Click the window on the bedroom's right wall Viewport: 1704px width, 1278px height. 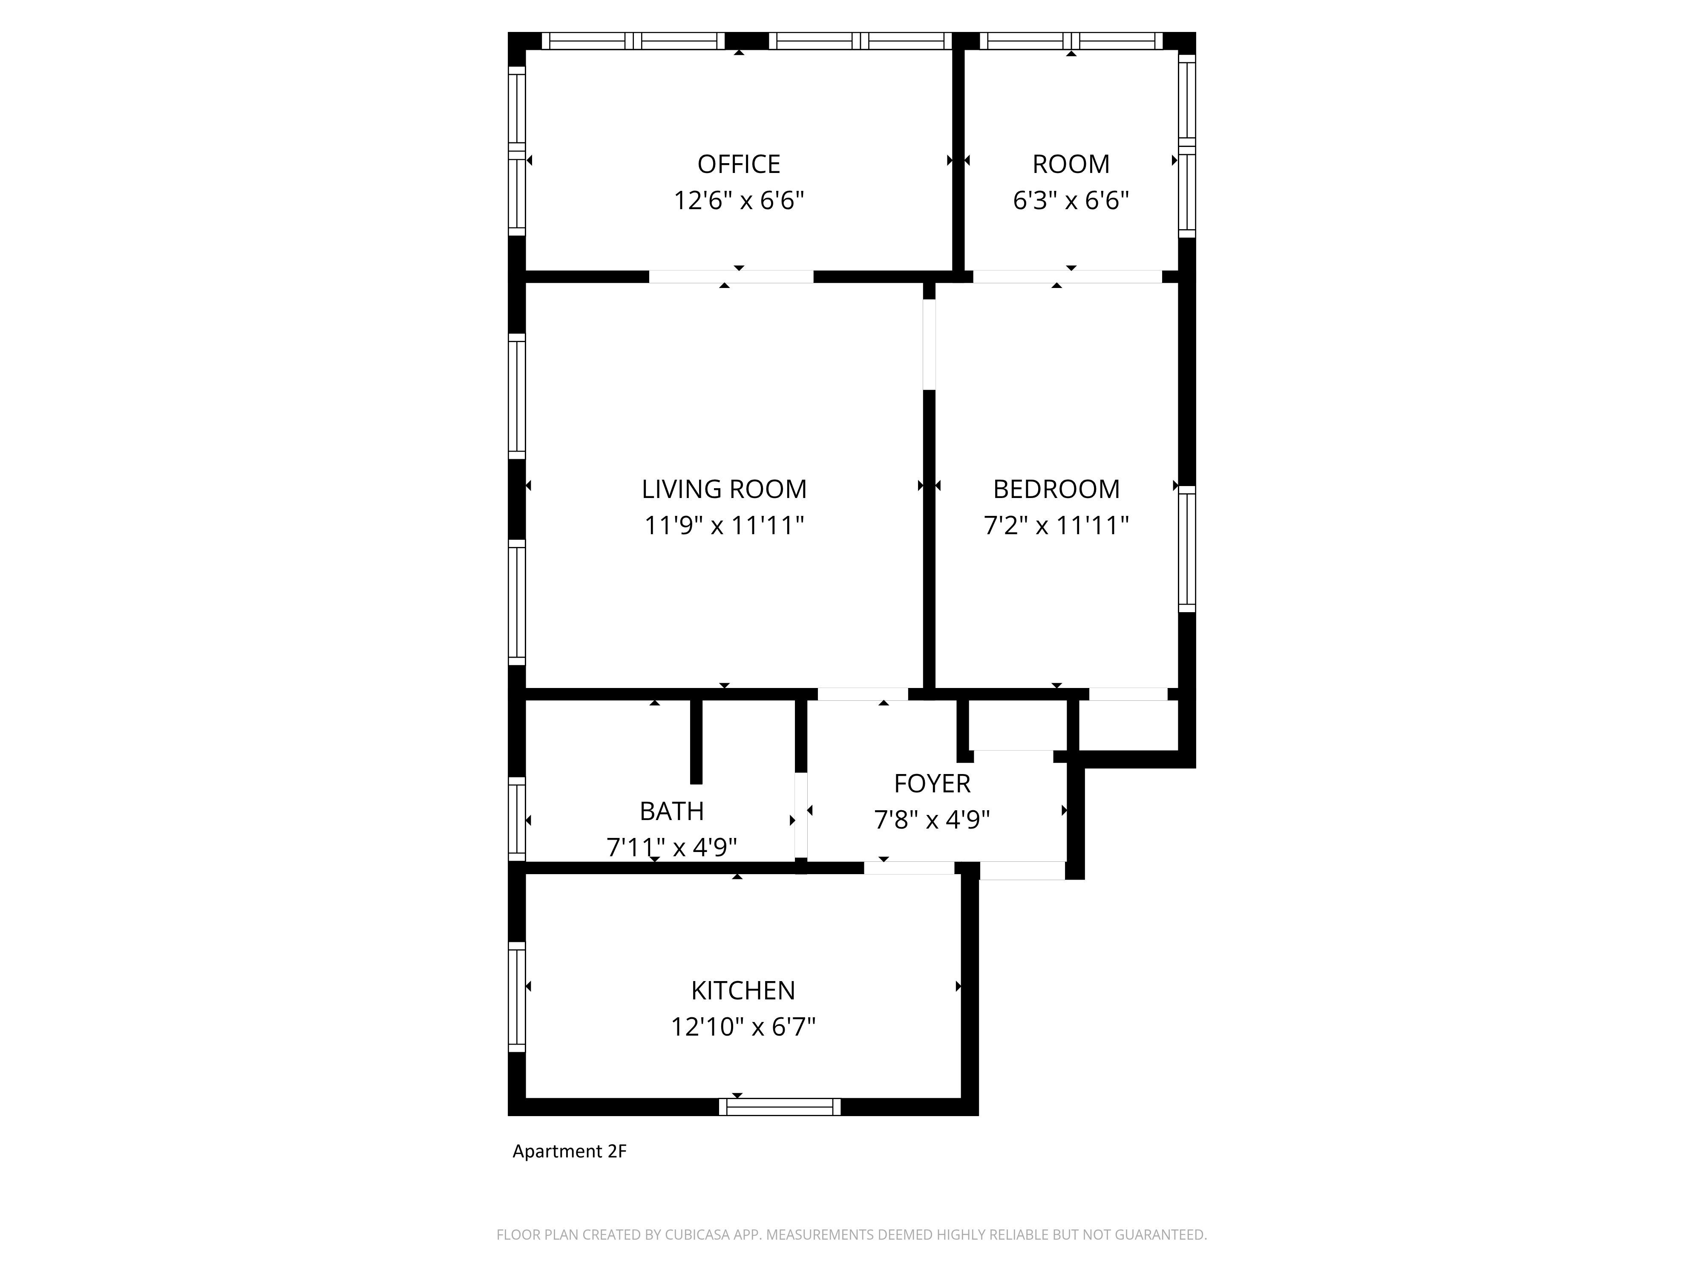tap(1187, 549)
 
